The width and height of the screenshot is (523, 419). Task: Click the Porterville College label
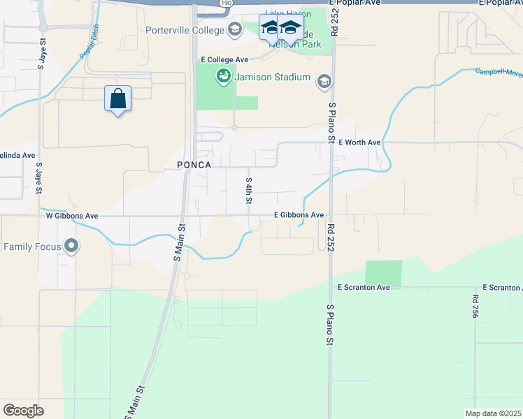[x=185, y=30]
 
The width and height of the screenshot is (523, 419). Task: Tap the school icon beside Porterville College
[x=234, y=29]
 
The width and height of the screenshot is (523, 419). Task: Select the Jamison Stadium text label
[x=272, y=77]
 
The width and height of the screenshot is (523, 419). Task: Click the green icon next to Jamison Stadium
[x=224, y=76]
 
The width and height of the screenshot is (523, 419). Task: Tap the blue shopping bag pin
[x=117, y=99]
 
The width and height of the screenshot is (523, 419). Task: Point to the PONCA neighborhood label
[x=194, y=164]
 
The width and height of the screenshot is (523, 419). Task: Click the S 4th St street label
[x=248, y=190]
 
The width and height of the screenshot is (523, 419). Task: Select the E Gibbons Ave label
[x=299, y=215]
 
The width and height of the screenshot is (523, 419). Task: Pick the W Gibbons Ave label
[x=71, y=216]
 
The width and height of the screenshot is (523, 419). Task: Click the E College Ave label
[x=224, y=60]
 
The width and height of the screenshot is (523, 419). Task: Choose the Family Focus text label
[x=32, y=247]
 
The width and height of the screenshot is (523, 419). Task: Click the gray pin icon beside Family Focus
[x=71, y=246]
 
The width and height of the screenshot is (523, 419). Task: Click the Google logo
[x=23, y=410]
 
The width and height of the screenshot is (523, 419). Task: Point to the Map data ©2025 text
[x=493, y=413]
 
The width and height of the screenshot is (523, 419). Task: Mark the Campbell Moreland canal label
[x=499, y=73]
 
